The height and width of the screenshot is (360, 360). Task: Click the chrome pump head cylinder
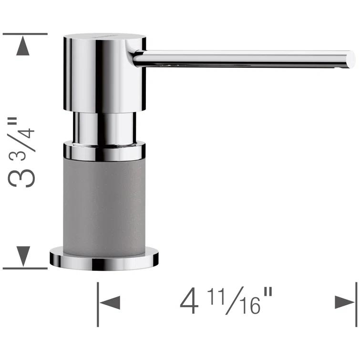point(104,72)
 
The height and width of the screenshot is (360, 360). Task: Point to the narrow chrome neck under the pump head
point(104,127)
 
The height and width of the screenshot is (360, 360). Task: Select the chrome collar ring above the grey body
point(104,151)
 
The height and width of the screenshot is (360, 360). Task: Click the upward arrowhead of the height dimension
point(23,46)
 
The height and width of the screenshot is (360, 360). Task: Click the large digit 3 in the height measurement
point(26,172)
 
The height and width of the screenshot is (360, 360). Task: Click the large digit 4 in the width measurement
point(189,302)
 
